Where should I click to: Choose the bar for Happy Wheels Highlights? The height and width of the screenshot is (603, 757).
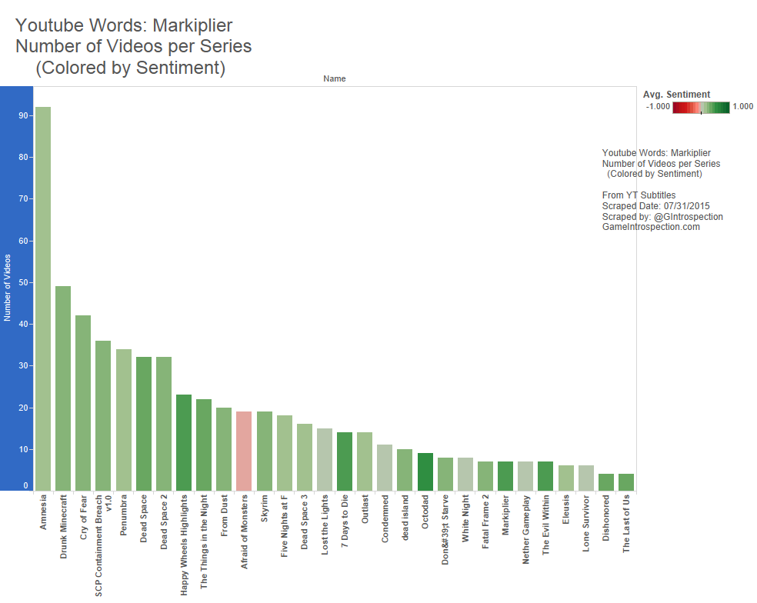click(x=184, y=442)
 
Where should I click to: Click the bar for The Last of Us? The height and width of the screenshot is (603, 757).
click(x=625, y=482)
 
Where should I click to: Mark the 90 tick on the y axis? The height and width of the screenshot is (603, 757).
click(x=25, y=115)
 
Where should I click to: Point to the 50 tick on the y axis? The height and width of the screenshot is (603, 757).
click(x=25, y=282)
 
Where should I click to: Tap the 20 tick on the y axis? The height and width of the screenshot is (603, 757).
click(x=25, y=408)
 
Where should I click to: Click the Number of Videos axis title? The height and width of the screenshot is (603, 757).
click(x=8, y=288)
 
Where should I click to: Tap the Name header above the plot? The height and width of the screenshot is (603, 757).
click(x=335, y=78)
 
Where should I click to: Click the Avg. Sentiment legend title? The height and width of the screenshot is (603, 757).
click(x=676, y=95)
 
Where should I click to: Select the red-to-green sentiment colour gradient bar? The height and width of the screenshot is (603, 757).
click(x=701, y=108)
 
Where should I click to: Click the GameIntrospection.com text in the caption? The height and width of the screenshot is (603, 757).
click(x=651, y=227)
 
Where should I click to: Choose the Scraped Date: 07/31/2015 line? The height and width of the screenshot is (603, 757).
click(x=655, y=206)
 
